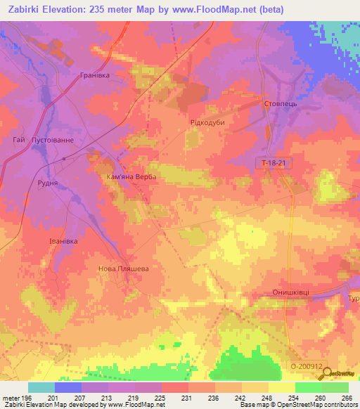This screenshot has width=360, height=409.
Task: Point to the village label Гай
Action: point(19,140)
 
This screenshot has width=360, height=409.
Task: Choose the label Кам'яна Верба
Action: point(131,178)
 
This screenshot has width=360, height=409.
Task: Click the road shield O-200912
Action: point(307,366)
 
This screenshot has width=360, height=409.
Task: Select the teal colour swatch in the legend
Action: point(41,387)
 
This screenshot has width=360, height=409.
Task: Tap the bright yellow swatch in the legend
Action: point(282,387)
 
